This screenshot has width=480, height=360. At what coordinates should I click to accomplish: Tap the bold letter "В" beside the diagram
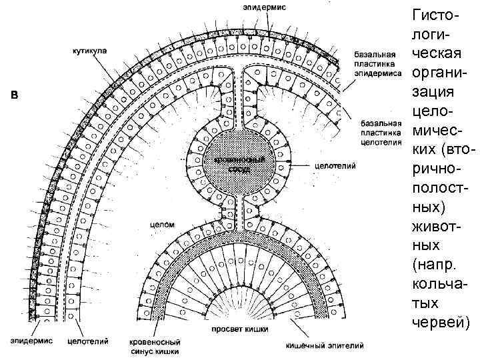click(x=16, y=94)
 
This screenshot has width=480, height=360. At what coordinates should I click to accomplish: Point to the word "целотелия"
click(x=380, y=141)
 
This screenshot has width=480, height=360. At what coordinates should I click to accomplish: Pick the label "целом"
click(x=163, y=225)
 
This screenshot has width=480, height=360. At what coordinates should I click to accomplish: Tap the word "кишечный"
click(x=305, y=345)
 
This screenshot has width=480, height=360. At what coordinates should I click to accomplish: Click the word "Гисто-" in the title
click(x=435, y=15)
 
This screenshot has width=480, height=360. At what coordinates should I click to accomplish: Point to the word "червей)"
click(x=439, y=323)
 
